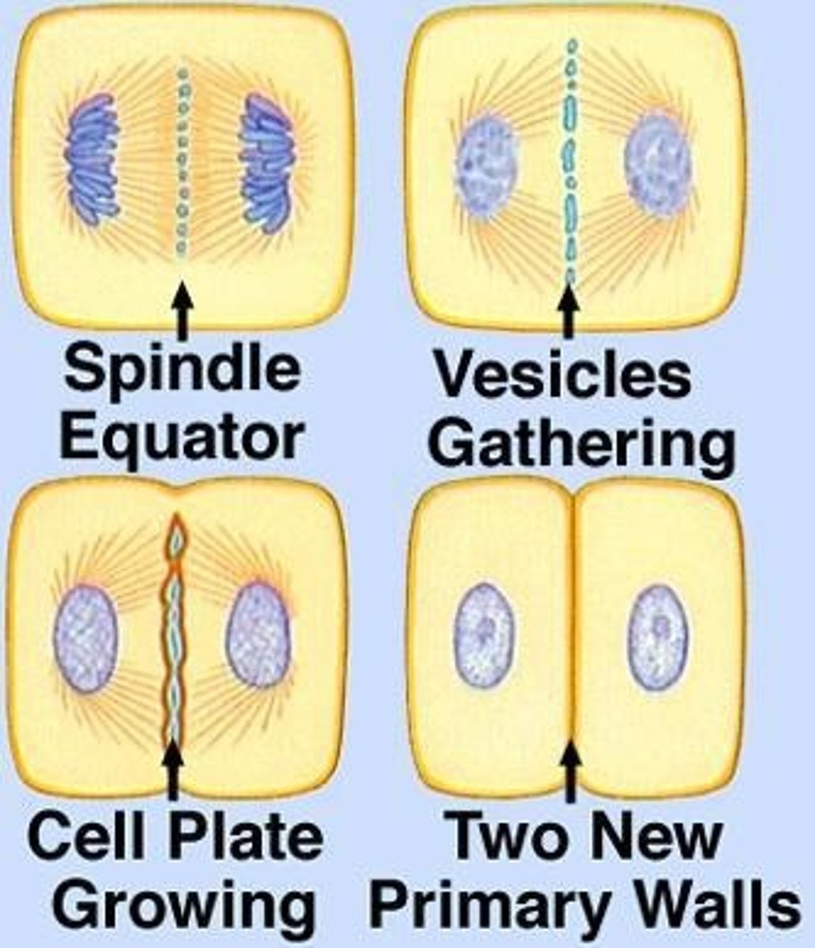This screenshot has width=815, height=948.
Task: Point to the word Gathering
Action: [584, 444]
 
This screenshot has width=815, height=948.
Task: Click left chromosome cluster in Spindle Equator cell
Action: [93, 158]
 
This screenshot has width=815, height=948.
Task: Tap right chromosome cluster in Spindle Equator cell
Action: [267, 163]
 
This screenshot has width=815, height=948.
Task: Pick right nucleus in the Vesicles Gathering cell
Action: [657, 165]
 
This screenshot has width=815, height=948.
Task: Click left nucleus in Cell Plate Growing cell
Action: [86, 638]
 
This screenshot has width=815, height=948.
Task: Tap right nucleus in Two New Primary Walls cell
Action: [658, 636]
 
